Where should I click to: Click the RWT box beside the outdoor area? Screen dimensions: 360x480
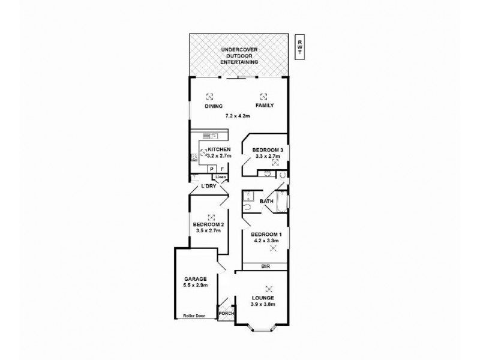point(299,47)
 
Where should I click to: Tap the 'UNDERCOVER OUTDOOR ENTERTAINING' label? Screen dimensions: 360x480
point(239,55)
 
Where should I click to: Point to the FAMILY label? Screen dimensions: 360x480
point(265,106)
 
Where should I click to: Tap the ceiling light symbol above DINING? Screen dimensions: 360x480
point(209,95)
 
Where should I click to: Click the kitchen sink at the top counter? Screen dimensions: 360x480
point(210,136)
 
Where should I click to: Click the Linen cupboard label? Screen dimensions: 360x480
point(221,178)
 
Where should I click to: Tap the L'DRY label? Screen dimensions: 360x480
point(208,187)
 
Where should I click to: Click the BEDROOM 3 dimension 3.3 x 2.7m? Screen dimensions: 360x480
point(268,155)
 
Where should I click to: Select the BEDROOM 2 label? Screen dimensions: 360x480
point(208,225)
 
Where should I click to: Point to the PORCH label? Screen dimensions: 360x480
point(226,313)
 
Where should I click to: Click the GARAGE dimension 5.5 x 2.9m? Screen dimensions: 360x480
point(196,286)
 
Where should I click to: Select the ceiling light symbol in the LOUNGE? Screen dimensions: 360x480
point(269,287)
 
